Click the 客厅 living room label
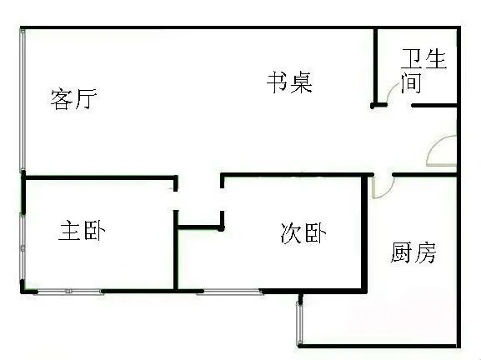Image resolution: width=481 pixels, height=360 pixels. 73,99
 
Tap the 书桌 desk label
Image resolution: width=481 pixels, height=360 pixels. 289,82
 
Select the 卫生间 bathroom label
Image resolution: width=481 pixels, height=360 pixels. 423,71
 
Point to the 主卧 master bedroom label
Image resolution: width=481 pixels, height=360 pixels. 82,231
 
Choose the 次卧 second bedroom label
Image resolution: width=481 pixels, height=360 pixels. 303,233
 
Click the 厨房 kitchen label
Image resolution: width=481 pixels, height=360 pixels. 413,252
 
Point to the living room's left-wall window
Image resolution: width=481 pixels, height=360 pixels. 23,100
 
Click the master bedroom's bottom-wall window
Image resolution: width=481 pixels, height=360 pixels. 69,292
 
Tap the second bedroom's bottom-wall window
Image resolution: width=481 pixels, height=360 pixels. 231,292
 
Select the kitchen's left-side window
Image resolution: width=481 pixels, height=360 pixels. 299,323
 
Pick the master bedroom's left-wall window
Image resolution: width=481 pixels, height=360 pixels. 23,246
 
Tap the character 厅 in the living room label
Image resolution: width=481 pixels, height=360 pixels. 86,99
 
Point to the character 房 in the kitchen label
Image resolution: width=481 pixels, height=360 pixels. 425,252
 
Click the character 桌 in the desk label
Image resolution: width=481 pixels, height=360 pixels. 302,82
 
